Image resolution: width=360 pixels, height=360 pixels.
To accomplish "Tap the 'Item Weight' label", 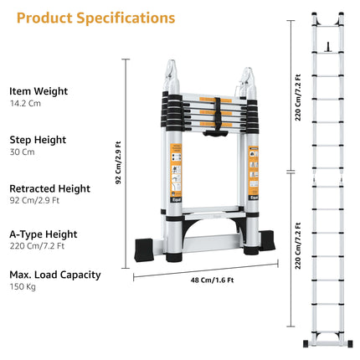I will tap(39, 90).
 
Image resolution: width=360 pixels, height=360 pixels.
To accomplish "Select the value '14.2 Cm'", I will tap(25, 105).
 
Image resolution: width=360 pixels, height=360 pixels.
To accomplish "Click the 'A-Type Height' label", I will tap(44, 234).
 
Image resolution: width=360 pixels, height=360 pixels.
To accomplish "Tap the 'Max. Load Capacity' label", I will tap(55, 275).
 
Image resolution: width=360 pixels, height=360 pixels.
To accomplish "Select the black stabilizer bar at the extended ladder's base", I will tap(327, 342).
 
